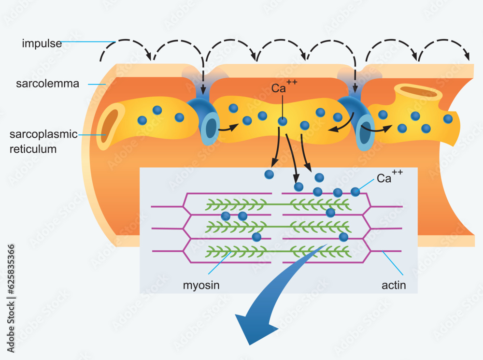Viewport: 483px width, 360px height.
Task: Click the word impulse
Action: pos(42,44)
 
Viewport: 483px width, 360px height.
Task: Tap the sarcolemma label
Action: pos(47,84)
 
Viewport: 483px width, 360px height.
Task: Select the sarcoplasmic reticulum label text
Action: pos(43,141)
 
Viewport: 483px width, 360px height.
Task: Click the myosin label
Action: pos(201,285)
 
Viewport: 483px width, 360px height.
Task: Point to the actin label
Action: pos(394,285)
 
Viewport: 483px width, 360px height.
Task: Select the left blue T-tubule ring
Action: pos(210,128)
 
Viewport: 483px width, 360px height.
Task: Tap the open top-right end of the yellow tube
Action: pos(418,91)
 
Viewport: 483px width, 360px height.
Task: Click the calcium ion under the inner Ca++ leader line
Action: pos(283,122)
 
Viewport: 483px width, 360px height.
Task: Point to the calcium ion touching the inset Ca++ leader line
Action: pos(355,192)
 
